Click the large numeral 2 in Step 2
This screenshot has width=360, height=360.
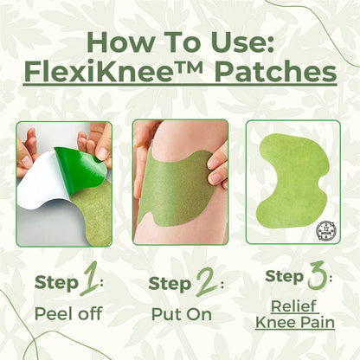point(204,282)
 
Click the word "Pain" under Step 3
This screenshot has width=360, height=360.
point(317,323)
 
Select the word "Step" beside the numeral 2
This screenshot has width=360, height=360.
point(170,283)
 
